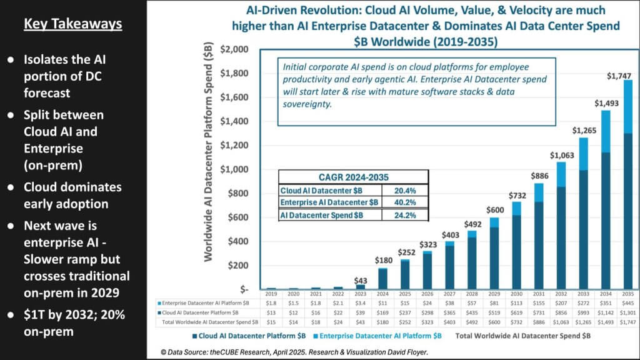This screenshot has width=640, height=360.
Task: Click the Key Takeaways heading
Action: click(72, 24)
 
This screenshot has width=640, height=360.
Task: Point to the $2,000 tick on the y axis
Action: click(235, 49)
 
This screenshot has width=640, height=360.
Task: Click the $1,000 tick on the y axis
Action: click(235, 169)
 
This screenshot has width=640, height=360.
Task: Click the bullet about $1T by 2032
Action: click(74, 324)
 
